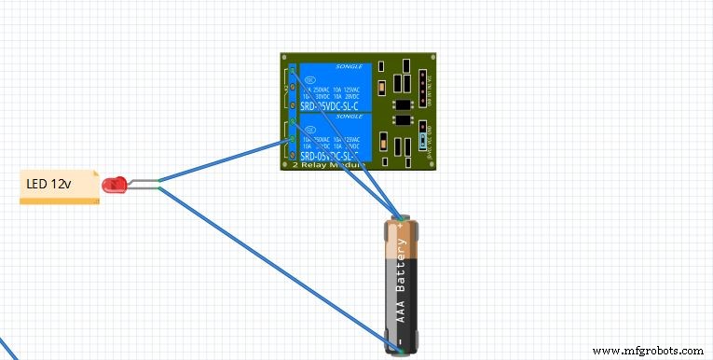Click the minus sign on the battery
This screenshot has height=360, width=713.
click(401, 344)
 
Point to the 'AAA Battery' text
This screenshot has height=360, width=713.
click(402, 284)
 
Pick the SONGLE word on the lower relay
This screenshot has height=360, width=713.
click(350, 117)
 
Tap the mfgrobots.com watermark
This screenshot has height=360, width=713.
click(651, 351)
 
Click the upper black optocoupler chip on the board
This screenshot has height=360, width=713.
click(402, 103)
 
